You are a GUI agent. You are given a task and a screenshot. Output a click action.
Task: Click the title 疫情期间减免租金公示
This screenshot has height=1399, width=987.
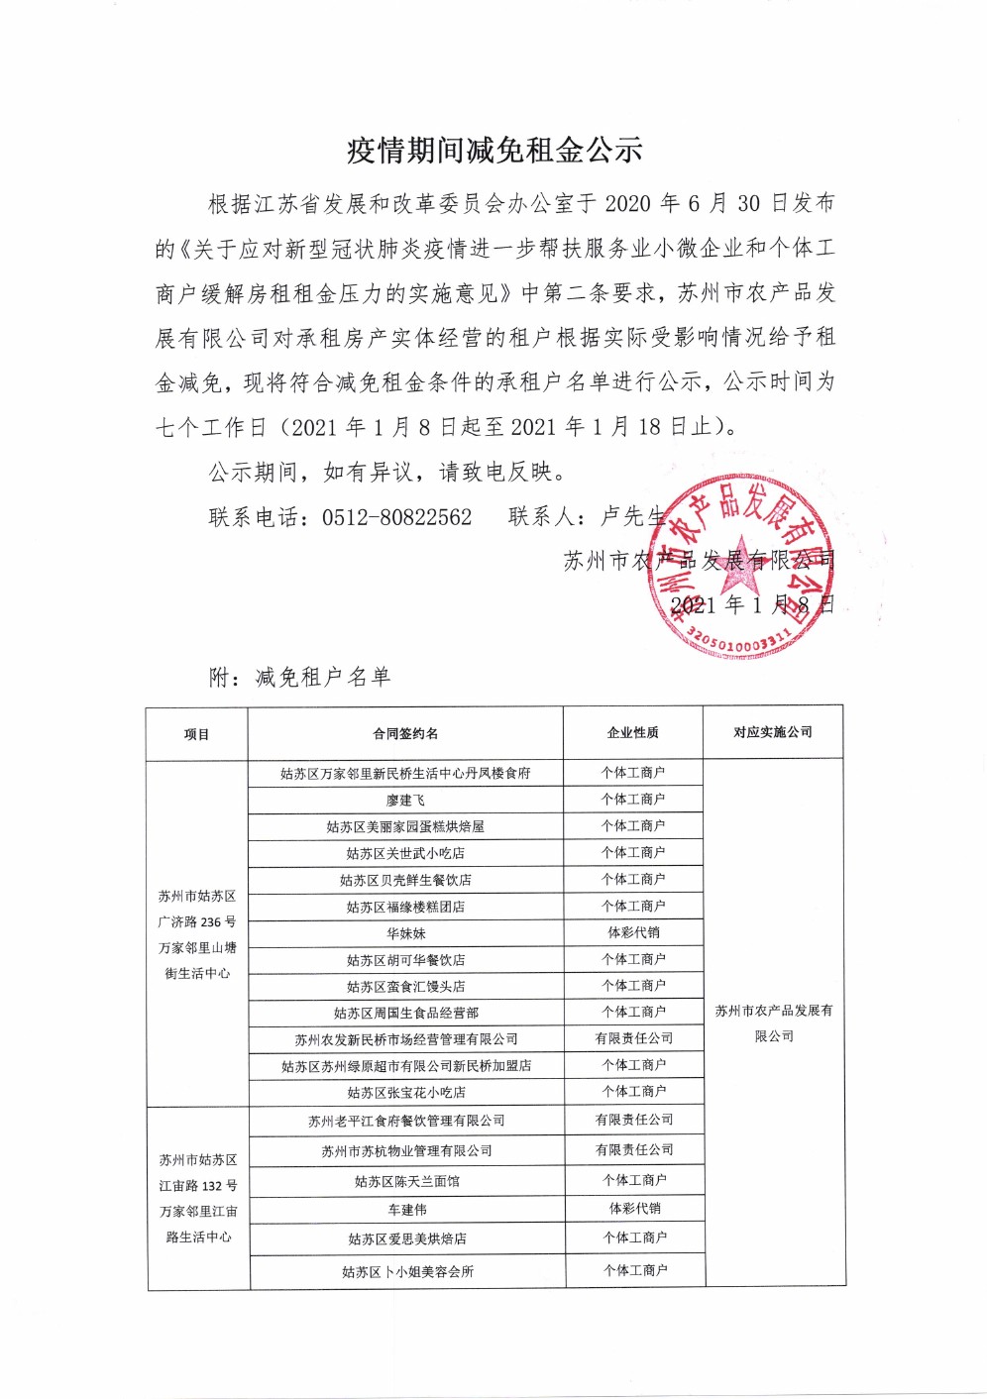[494, 151]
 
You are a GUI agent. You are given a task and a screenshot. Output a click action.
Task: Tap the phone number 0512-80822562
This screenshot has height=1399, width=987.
[396, 517]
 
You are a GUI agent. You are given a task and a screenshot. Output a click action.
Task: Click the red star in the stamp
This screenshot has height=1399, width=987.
[742, 565]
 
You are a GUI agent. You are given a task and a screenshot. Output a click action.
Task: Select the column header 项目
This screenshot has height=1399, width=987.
[196, 734]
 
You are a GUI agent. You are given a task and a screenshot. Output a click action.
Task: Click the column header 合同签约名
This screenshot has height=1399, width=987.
[405, 734]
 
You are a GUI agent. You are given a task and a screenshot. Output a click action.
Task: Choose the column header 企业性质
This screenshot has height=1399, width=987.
[633, 733]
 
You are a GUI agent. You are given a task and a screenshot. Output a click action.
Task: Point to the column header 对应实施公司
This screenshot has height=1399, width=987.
[773, 732]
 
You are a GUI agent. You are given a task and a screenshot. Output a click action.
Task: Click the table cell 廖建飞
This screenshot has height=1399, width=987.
[405, 801]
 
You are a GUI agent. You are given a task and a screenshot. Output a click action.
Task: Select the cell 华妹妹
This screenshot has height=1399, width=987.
[405, 933]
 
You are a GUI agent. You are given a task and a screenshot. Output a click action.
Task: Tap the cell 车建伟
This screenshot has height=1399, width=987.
[407, 1210]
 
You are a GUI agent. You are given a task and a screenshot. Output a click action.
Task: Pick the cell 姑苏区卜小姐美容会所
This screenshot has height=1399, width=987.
[407, 1271]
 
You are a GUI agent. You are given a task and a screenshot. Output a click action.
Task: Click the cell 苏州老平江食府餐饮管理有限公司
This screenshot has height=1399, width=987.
[406, 1121]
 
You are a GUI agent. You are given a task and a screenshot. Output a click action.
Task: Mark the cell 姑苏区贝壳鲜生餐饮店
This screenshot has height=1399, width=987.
[405, 880]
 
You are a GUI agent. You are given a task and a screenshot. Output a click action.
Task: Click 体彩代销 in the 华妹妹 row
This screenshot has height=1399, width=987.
[633, 932]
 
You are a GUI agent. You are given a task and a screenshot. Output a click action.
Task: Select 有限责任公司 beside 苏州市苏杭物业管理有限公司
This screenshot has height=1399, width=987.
[634, 1149]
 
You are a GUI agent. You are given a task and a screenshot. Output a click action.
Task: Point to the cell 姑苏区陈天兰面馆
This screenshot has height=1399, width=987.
[407, 1181]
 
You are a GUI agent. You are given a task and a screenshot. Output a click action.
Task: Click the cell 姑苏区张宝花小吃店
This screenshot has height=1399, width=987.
[406, 1093]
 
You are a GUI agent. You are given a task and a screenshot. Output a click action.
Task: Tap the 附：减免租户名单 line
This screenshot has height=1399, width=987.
[300, 678]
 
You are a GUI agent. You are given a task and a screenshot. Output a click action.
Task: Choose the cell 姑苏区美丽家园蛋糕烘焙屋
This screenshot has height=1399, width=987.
[405, 826]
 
